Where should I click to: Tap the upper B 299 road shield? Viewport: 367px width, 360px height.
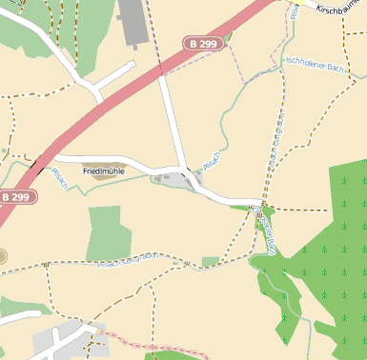202,44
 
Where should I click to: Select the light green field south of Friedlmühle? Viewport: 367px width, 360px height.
109,232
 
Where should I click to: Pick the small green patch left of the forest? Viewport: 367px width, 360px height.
210,261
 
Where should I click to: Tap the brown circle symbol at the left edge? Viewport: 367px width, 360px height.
2,256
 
